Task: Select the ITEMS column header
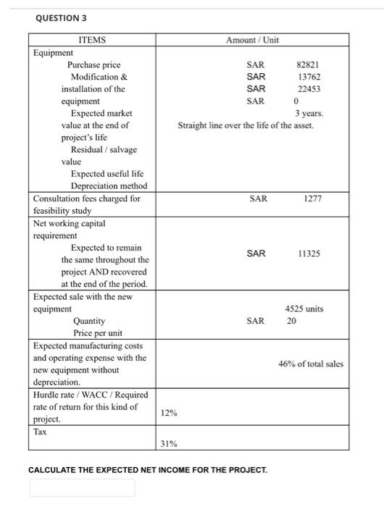click(x=93, y=40)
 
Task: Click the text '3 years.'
click(x=309, y=114)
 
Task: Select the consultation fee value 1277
click(x=312, y=198)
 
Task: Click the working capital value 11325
click(x=309, y=253)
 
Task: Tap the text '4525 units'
click(x=304, y=309)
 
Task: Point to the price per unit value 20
click(x=291, y=320)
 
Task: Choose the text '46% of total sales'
click(x=311, y=364)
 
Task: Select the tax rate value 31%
click(x=168, y=443)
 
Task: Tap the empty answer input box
click(x=82, y=487)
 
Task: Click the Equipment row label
click(x=53, y=53)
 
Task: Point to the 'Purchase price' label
click(x=93, y=65)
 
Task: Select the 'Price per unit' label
click(x=98, y=332)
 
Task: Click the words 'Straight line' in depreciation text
click(x=199, y=126)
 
